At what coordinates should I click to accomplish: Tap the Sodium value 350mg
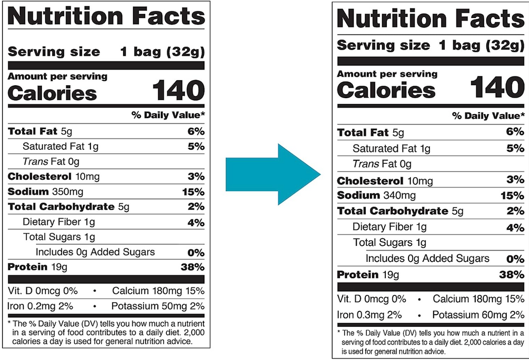pyautogui.click(x=68, y=192)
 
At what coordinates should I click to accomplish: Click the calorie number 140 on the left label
pyautogui.click(x=178, y=90)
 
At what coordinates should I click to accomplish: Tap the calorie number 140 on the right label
pyautogui.click(x=497, y=87)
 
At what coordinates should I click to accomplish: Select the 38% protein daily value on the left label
pyautogui.click(x=193, y=267)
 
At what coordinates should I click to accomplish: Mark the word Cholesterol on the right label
pyautogui.click(x=370, y=181)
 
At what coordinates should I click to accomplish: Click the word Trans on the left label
pyautogui.click(x=36, y=162)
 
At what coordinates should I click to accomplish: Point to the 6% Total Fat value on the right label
pyautogui.click(x=515, y=132)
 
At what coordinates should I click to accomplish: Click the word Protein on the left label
pyautogui.click(x=28, y=267)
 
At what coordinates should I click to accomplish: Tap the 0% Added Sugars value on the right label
pyautogui.click(x=515, y=259)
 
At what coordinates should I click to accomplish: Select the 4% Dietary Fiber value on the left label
pyautogui.click(x=196, y=223)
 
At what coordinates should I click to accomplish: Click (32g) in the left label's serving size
pyautogui.click(x=185, y=52)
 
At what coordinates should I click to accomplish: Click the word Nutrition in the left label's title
pyautogui.click(x=66, y=16)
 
